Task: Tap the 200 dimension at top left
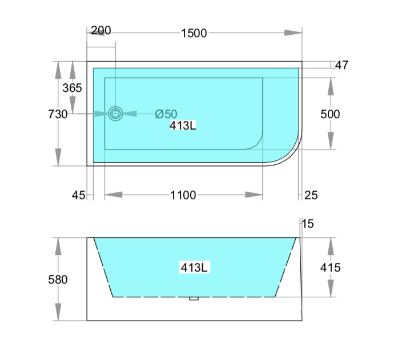pos(100,30)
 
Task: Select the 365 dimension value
pos(72,88)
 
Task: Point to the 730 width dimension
pos(58,114)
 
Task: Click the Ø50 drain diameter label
pos(166,114)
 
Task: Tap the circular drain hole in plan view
pos(116,114)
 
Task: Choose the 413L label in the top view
pos(183,126)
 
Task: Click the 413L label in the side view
pos(194,266)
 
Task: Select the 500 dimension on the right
pos(330,114)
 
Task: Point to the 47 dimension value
pos(341,65)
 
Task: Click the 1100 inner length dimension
pos(183,195)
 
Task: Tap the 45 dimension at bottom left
pos(78,195)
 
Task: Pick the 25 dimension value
pos(311,195)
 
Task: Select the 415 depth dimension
pos(330,267)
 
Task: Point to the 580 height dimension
pos(58,280)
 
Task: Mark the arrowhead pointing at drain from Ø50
pos(130,114)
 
